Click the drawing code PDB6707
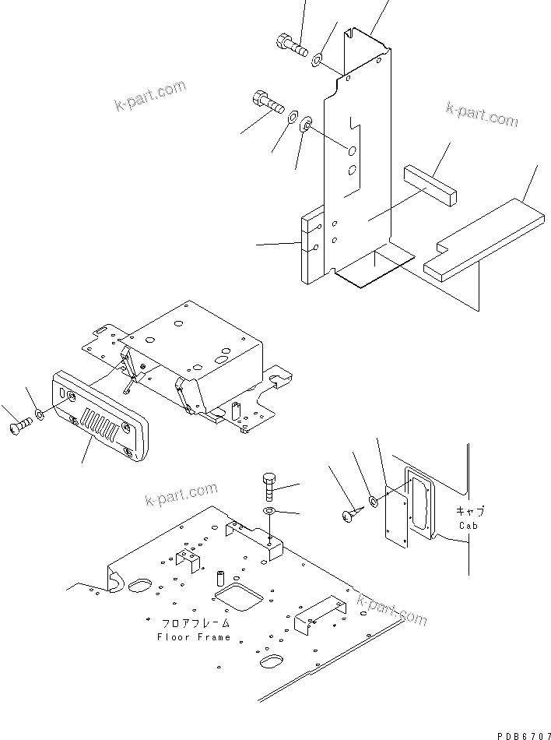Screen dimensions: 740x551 [x=519, y=733]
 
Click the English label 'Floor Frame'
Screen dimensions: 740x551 [x=194, y=636]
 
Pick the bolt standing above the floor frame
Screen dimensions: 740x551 [x=268, y=486]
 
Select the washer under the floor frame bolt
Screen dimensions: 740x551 [x=268, y=510]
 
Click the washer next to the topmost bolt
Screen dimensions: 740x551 [x=319, y=59]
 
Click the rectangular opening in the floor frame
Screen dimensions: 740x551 [x=236, y=597]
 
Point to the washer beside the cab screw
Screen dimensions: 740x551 [x=374, y=501]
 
